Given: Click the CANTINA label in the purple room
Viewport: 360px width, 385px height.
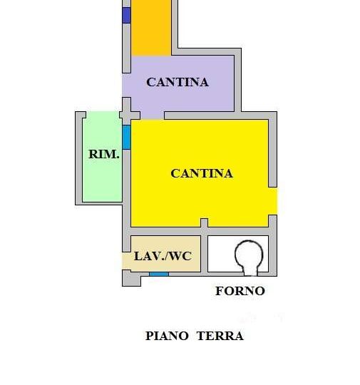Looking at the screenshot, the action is (178, 82).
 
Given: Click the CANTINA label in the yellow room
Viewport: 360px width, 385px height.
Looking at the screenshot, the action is (202, 173).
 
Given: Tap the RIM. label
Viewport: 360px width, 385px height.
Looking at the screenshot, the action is (104, 154).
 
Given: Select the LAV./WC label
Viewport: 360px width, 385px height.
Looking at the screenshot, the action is (163, 256).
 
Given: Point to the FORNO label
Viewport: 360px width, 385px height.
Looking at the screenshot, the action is (240, 291).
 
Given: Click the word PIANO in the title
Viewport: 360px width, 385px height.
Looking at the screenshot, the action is (167, 336).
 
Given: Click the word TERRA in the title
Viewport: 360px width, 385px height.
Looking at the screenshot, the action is (220, 336).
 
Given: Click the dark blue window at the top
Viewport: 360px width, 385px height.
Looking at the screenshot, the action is (126, 15).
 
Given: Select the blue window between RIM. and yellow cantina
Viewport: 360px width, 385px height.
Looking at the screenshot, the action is (126, 137).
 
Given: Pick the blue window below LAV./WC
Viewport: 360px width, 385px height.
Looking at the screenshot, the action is (159, 274).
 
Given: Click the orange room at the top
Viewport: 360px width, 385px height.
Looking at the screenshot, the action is (151, 28).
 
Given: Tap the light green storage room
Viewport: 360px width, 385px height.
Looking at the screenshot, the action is (103, 157).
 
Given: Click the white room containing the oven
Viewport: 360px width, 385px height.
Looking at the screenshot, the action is (238, 254).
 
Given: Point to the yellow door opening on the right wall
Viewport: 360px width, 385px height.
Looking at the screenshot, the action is (273, 201).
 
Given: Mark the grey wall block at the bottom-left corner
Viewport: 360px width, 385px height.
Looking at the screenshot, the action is (131, 278).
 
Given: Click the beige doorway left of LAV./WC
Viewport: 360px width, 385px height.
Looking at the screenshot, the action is (126, 261).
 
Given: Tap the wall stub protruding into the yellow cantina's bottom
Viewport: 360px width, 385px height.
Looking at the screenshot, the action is (205, 223).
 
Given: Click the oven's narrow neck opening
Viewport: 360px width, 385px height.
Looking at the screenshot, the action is (250, 272).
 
